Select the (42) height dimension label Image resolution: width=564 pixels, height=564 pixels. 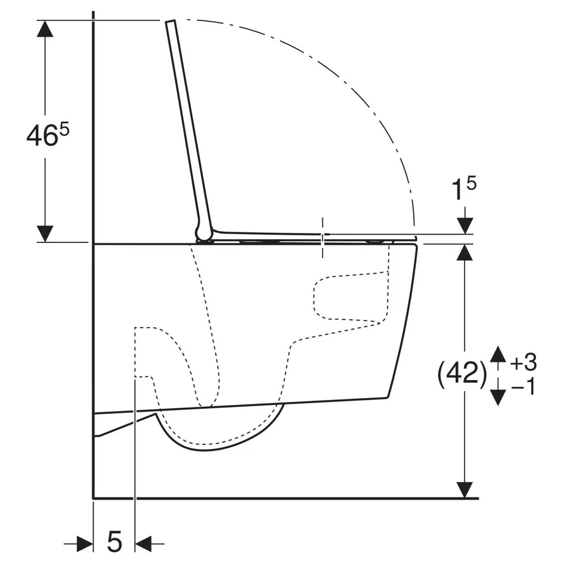point(462,374)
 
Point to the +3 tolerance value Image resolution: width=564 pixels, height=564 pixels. point(523,362)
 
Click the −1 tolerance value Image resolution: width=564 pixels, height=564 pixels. point(523,387)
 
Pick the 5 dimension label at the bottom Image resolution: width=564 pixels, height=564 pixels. point(114,541)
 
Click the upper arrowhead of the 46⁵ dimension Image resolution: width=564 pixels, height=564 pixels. point(45,29)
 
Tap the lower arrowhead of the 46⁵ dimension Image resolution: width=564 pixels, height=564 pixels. point(45,234)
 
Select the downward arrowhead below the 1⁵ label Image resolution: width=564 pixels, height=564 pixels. point(465,226)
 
